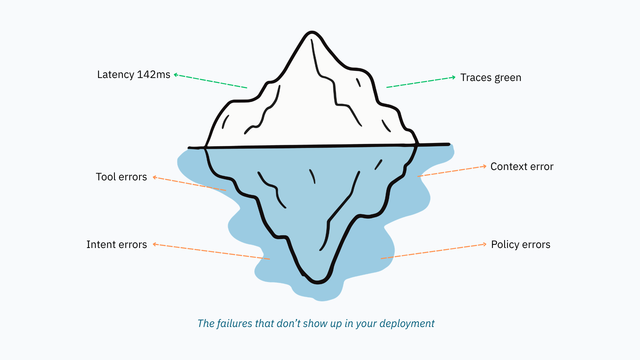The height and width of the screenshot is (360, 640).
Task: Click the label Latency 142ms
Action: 133,75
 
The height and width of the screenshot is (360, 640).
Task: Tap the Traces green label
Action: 491,78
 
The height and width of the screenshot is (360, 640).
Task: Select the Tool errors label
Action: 121,177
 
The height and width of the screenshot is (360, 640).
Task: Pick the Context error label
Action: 522,167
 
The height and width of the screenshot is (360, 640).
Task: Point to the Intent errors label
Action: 116,244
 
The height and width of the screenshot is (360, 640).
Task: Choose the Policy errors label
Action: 520,244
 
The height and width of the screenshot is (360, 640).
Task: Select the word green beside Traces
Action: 508,78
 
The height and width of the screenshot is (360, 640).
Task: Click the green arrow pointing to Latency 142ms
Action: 210,81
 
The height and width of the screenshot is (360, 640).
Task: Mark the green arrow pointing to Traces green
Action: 421,82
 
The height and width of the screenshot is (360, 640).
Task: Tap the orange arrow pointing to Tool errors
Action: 189,184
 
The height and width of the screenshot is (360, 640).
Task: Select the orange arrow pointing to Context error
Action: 452,171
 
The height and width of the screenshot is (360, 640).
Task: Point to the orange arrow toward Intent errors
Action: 211,251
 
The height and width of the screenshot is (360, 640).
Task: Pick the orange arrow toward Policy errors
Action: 433,251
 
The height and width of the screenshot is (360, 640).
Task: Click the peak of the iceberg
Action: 312,32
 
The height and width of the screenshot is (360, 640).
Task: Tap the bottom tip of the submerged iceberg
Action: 318,282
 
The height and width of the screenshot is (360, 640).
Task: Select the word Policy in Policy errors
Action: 504,244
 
